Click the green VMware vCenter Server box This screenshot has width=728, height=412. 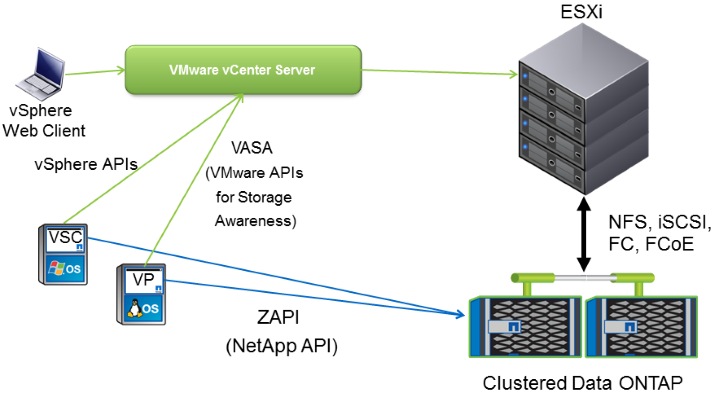[x=243, y=70]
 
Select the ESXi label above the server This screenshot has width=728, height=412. [x=581, y=12]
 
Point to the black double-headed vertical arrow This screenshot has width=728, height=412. [x=584, y=234]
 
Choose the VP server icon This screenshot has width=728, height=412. [x=141, y=294]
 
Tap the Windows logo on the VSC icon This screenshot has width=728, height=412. [x=57, y=268]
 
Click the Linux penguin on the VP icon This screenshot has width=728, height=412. [x=135, y=308]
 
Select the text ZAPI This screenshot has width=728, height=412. [x=278, y=318]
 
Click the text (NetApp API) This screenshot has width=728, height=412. [x=281, y=346]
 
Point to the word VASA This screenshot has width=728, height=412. [x=252, y=148]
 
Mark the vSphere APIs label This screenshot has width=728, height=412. [x=86, y=164]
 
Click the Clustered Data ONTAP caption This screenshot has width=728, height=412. [x=583, y=383]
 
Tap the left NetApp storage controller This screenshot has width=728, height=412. [x=526, y=327]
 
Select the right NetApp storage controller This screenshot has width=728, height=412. [x=642, y=327]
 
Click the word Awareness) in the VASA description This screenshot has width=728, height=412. [x=255, y=221]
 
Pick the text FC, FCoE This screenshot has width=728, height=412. [x=651, y=244]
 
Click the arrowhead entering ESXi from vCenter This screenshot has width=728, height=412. [x=514, y=74]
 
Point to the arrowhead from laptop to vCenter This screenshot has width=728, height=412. [x=121, y=70]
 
